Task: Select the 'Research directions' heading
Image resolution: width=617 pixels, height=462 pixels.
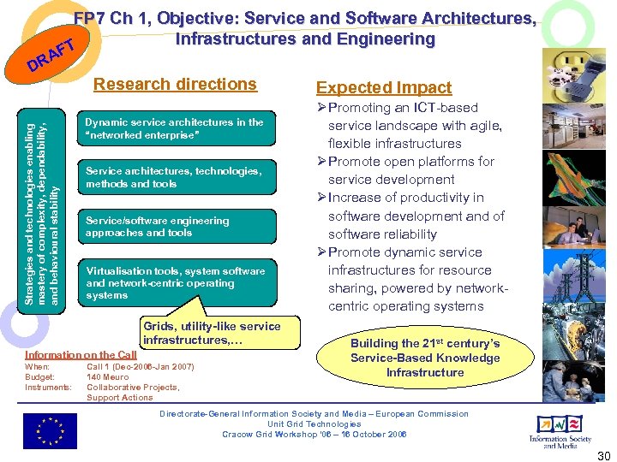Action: coord(175,84)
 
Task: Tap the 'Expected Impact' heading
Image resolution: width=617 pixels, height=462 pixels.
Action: coord(383,87)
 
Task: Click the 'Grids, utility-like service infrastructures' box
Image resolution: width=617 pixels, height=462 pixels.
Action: coord(212,333)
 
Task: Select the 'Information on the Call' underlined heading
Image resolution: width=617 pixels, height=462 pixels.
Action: coord(81,355)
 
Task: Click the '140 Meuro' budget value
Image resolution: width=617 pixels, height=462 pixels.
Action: coord(108,376)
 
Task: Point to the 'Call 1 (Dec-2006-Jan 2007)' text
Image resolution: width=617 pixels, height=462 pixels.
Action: coord(141,367)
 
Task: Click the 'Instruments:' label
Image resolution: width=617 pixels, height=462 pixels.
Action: coord(48,388)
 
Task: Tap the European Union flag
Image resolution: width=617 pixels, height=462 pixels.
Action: coord(49,430)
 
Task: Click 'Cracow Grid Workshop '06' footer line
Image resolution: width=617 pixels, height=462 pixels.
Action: coord(314,434)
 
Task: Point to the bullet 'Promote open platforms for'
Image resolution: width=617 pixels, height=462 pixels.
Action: coord(411,162)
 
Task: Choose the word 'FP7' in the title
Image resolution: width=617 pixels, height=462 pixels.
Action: coord(90,19)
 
